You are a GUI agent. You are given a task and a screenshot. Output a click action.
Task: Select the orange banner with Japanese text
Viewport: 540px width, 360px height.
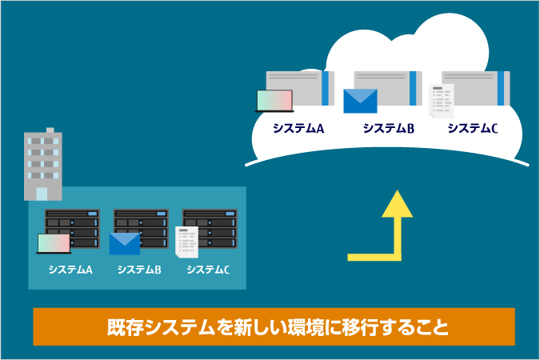[274, 326]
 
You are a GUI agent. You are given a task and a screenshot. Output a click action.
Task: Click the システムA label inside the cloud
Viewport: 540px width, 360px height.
[298, 128]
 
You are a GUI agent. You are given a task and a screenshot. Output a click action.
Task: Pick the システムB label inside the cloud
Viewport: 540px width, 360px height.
[387, 128]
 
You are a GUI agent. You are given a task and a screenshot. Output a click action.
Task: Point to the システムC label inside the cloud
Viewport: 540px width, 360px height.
[473, 128]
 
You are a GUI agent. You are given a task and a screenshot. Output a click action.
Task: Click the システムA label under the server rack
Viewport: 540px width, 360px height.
[70, 270]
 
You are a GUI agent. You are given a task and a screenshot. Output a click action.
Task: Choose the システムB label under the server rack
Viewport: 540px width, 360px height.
[139, 270]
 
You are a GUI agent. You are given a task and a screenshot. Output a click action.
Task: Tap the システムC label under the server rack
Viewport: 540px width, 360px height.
[208, 270]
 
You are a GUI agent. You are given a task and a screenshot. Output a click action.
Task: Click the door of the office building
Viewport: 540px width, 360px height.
[42, 193]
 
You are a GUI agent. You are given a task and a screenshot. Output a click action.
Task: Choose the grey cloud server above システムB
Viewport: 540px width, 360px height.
[388, 87]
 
